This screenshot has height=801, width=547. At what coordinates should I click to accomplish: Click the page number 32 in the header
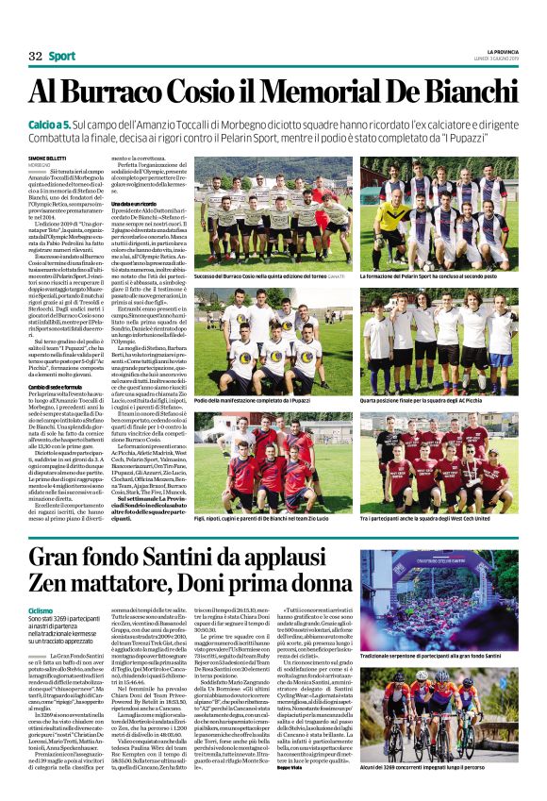click(x=36, y=57)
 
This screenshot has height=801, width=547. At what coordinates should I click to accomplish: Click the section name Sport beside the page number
click(x=62, y=57)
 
